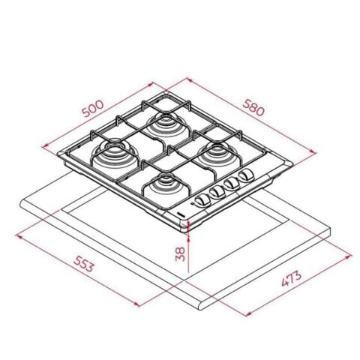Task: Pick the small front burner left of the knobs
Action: click(x=167, y=186)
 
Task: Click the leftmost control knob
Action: click(x=202, y=196)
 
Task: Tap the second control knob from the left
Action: click(x=217, y=190)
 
